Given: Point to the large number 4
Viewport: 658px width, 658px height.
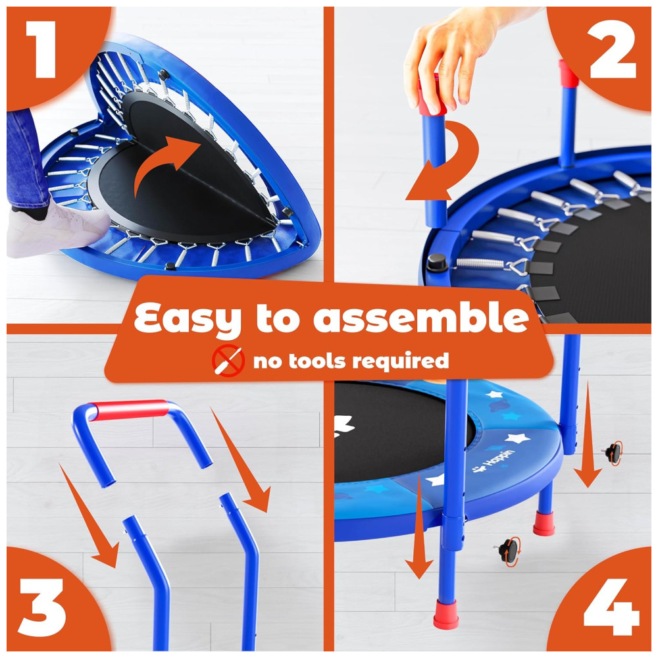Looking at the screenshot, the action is (611, 606).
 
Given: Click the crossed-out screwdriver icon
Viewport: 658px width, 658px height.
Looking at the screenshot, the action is (228, 361).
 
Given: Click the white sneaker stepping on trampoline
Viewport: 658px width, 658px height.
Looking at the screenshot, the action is (59, 230).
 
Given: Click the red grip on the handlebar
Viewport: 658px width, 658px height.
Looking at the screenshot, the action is (130, 409).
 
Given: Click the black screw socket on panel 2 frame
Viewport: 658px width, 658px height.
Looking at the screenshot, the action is (437, 263).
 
